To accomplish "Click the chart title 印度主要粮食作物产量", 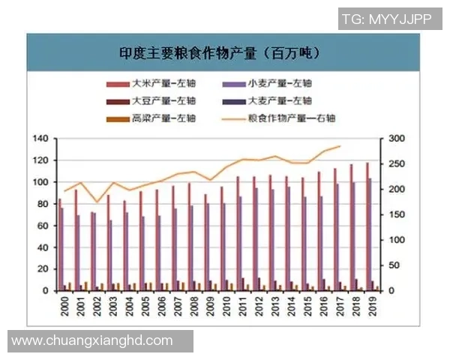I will click(x=220, y=53).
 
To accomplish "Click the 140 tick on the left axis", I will click(x=40, y=139).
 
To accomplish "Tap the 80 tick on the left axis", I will click(x=43, y=204).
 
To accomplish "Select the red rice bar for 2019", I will click(x=367, y=226).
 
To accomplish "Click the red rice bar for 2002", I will click(x=92, y=251).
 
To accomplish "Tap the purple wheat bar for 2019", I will click(x=370, y=234).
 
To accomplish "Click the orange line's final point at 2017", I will click(x=340, y=146).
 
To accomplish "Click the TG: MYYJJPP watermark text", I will click(x=386, y=20).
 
